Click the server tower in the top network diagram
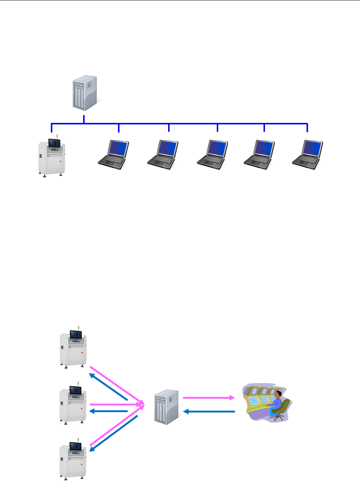(x=85, y=93)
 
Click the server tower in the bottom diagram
(x=167, y=407)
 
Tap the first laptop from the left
(x=114, y=154)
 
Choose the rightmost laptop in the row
(x=308, y=154)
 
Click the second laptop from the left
(x=163, y=154)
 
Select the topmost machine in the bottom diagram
(x=73, y=348)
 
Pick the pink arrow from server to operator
(x=209, y=398)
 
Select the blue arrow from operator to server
(x=209, y=411)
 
